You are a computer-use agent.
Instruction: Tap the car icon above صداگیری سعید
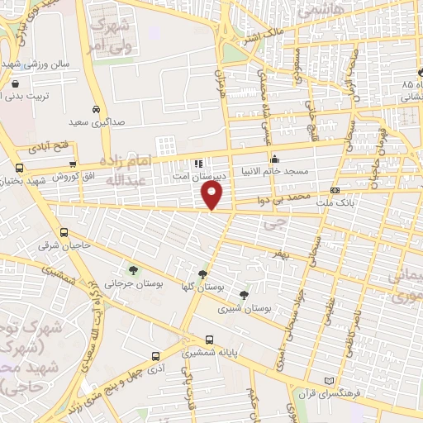[x=97, y=109]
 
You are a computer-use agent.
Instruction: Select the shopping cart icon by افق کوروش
[x=74, y=165]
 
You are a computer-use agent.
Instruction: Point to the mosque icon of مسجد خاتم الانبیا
[x=275, y=159]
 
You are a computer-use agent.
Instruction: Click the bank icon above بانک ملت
[x=335, y=191]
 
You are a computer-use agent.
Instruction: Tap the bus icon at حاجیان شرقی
[x=65, y=232]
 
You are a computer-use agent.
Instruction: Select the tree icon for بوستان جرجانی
[x=133, y=269]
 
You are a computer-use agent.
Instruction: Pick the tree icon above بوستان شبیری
[x=243, y=295]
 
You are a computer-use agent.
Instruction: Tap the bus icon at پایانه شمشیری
[x=208, y=340]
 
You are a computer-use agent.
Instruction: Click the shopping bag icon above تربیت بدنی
[x=16, y=84]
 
